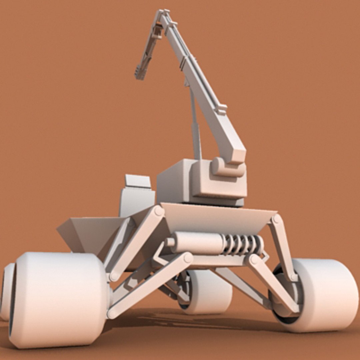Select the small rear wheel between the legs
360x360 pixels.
[x=208, y=292]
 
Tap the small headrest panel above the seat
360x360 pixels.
[x=138, y=181]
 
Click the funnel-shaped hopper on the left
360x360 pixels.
[x=90, y=233]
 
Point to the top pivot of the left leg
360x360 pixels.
[x=159, y=211]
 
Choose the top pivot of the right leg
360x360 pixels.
[x=276, y=219]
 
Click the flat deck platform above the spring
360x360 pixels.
[x=217, y=217]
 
